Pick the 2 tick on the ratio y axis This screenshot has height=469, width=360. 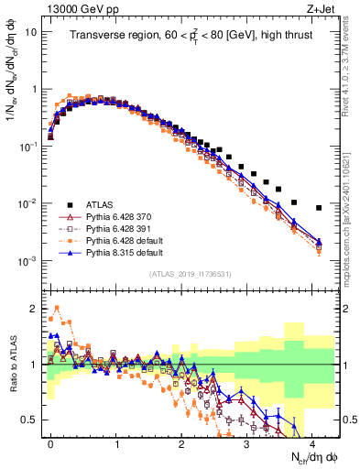tap(33, 309)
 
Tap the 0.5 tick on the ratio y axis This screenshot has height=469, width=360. tap(30, 420)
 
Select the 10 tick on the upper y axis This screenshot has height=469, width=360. tap(30, 31)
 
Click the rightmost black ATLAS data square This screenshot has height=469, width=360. tap(319, 208)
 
